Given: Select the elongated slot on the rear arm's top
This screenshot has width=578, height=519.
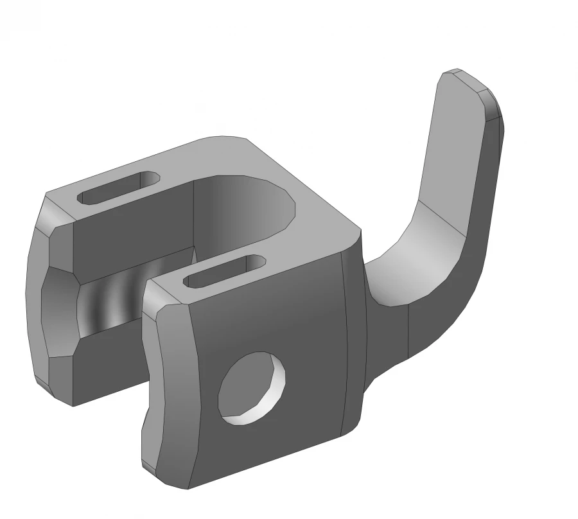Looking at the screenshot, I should coord(119,188).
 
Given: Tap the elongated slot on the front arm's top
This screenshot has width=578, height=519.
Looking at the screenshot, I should coord(225,270).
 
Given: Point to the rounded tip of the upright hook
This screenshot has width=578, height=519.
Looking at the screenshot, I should coord(472,80).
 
